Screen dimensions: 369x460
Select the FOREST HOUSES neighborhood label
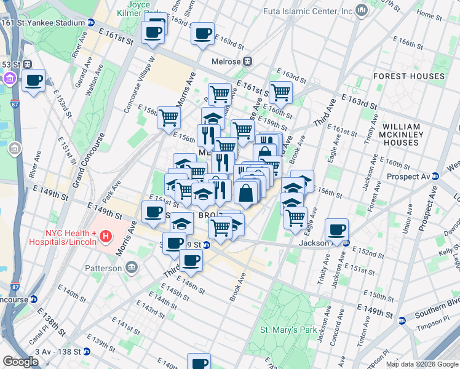(x=408, y=76)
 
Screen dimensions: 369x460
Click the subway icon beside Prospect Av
(x=436, y=176)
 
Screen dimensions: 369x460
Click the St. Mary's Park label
(x=288, y=330)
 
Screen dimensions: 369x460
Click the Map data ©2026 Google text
(x=421, y=364)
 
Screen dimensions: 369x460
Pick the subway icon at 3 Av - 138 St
(x=87, y=352)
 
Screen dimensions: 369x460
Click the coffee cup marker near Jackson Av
(x=336, y=231)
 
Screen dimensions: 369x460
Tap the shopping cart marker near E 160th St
(x=280, y=93)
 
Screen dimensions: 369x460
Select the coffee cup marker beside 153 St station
(x=33, y=80)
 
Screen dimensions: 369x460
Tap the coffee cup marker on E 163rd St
(x=202, y=34)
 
